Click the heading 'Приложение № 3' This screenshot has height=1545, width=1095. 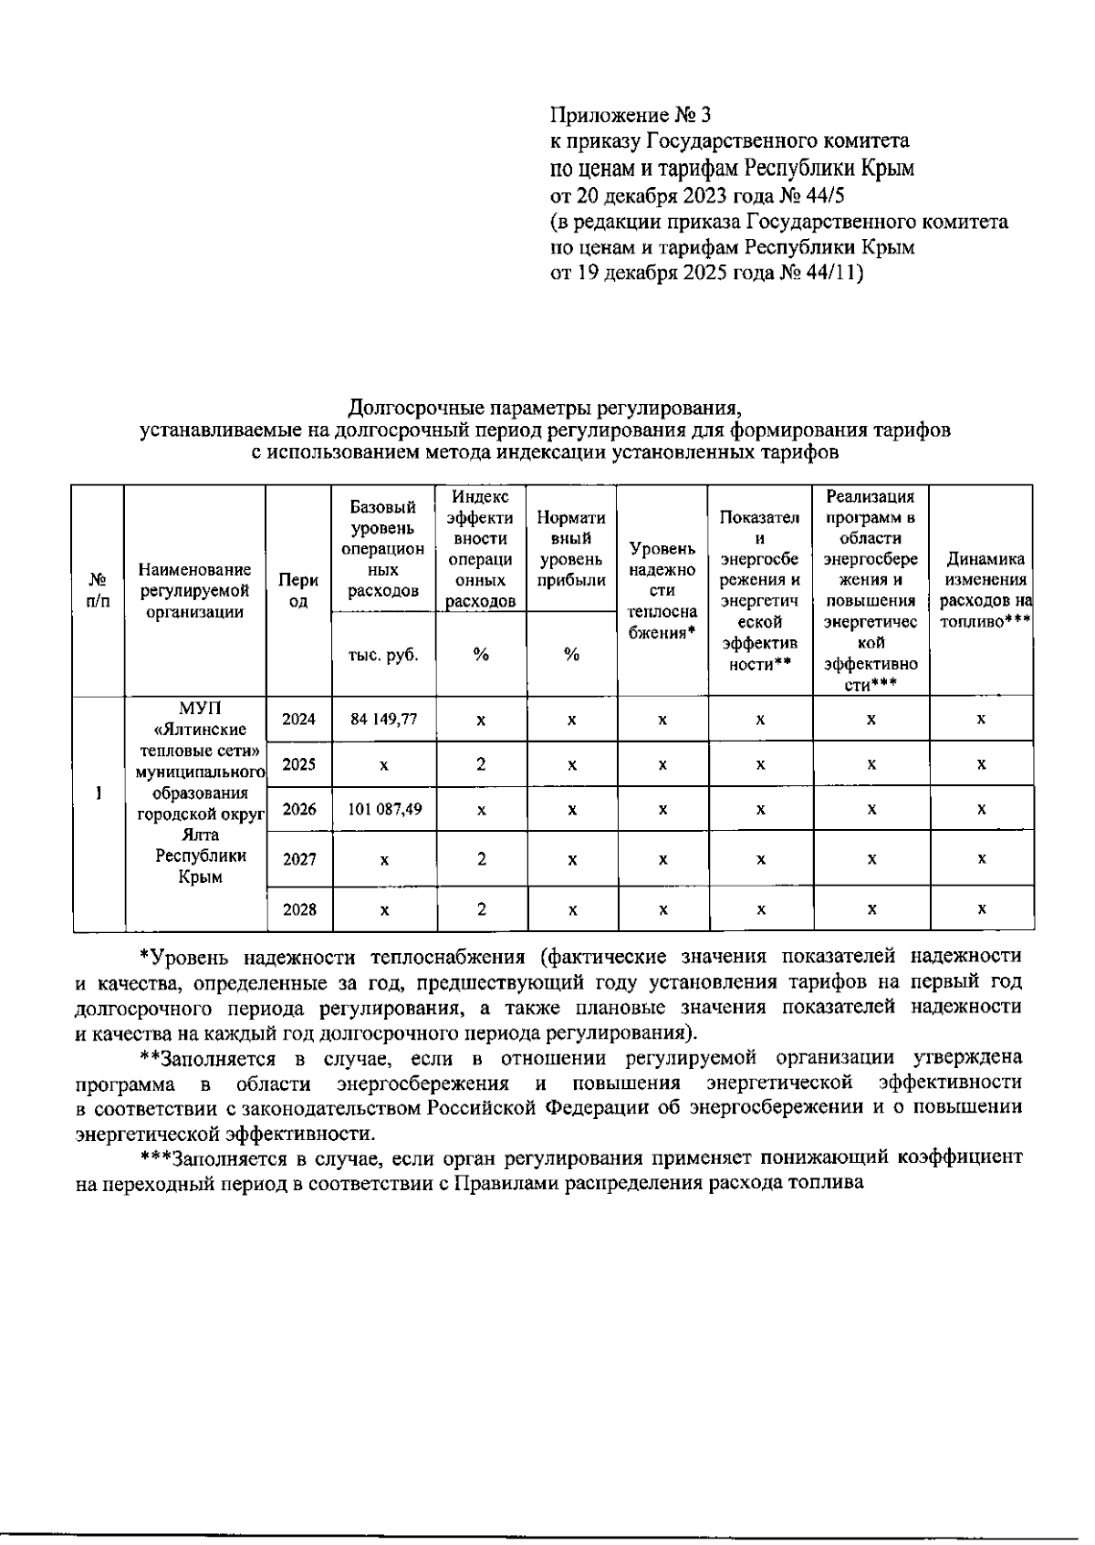click(630, 115)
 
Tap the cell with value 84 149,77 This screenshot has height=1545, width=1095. click(384, 719)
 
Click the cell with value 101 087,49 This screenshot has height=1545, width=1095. click(384, 809)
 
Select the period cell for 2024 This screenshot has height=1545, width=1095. click(298, 719)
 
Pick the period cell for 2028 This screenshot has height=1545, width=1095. click(298, 909)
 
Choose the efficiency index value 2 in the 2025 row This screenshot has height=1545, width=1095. click(481, 764)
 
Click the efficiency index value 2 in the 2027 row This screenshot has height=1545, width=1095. click(481, 859)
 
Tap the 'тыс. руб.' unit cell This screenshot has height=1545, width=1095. click(384, 654)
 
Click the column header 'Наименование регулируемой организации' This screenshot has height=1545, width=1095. click(194, 590)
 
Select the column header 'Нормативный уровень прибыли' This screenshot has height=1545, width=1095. click(572, 548)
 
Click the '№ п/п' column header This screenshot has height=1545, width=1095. click(99, 590)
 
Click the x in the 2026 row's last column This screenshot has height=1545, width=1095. click(981, 809)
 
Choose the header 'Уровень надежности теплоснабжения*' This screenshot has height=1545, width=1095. click(662, 590)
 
